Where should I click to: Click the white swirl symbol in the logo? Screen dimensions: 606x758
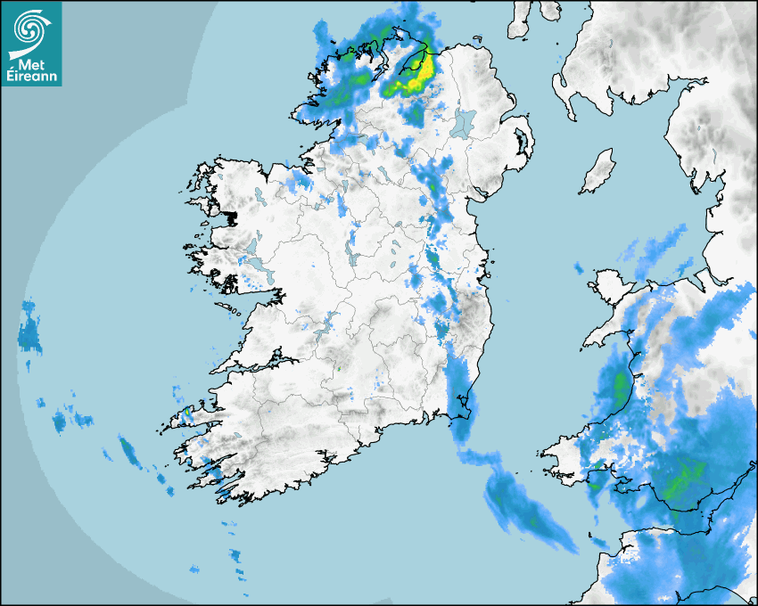(30, 27)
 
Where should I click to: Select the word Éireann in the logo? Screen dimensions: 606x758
(31, 77)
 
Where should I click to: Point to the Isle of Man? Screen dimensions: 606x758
(598, 172)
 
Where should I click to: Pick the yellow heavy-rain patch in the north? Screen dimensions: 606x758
(412, 78)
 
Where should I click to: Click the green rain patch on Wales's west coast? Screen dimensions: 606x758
(621, 385)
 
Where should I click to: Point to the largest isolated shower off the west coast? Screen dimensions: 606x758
(29, 332)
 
